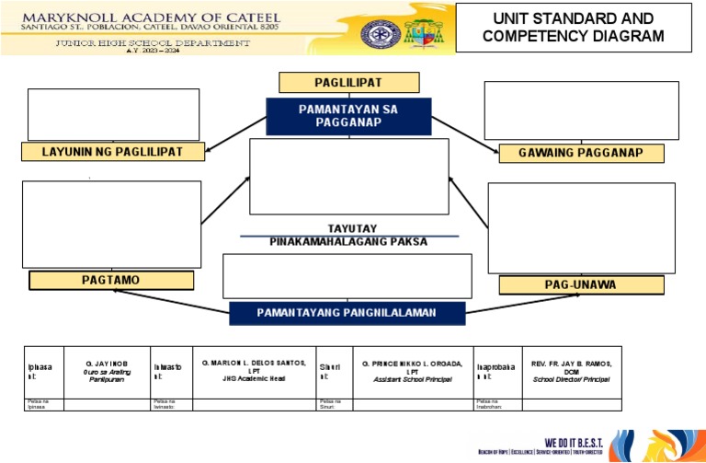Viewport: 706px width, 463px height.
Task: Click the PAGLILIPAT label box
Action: coord(348,83)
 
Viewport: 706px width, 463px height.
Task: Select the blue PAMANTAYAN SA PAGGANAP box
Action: coord(348,116)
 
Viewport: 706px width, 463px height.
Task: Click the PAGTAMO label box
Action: coord(111,281)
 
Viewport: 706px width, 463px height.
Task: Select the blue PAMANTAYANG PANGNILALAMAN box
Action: coord(347,313)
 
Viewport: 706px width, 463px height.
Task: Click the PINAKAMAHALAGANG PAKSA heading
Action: coord(348,242)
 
